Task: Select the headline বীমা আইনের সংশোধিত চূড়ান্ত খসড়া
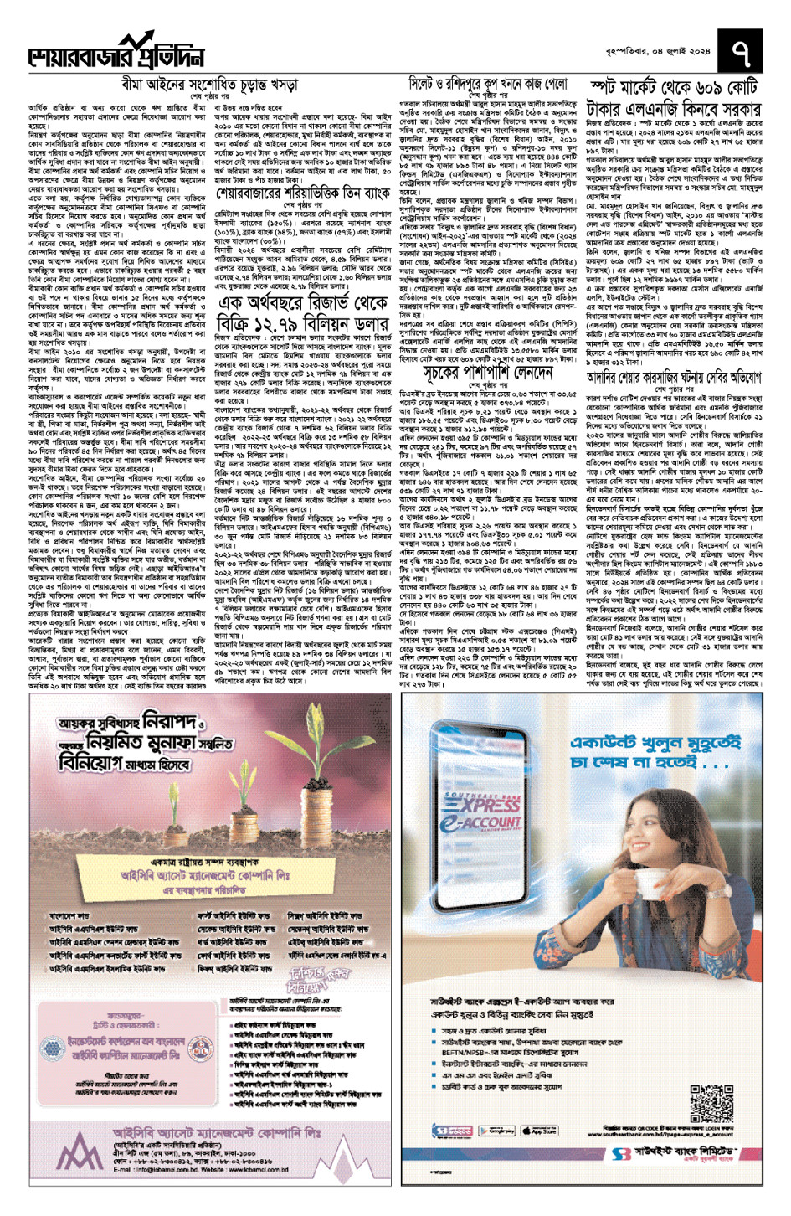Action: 209,85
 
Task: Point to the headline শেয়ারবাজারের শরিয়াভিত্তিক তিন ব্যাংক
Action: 303,194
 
